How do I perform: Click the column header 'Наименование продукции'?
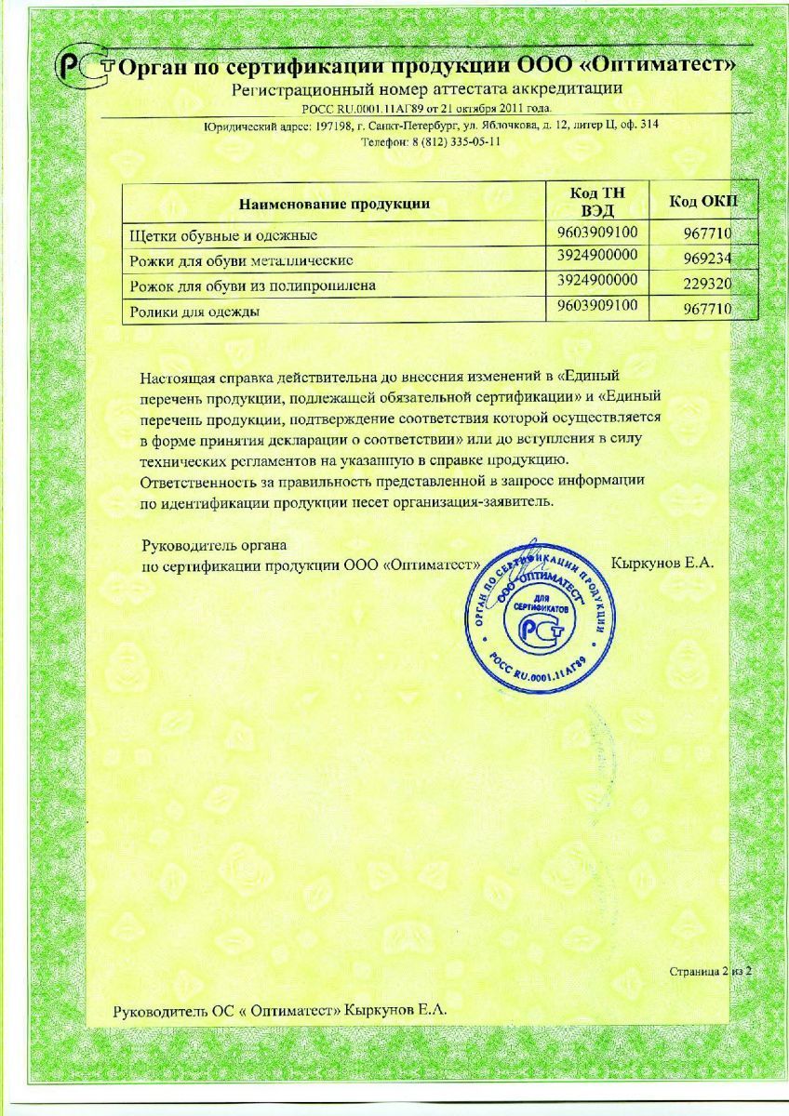coord(335,203)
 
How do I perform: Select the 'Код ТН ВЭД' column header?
coord(597,202)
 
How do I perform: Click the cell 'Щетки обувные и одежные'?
coord(227,234)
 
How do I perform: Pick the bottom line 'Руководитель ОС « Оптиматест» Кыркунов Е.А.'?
coord(280,1010)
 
